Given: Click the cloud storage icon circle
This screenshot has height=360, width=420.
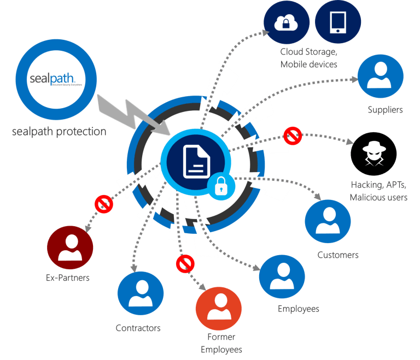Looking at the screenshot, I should (x=287, y=22).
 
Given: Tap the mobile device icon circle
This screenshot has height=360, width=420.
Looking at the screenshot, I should (x=338, y=22).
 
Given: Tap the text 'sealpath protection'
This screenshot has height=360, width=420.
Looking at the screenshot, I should (x=59, y=132).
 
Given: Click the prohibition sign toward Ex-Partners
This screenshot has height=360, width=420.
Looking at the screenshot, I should (x=103, y=204).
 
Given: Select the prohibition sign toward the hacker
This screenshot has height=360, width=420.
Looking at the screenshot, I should (x=293, y=135).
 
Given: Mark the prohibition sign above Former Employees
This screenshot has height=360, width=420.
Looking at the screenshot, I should (x=185, y=264).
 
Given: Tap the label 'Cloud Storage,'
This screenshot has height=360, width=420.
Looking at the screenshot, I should (x=308, y=52).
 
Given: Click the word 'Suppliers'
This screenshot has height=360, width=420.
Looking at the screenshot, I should (x=385, y=110).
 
